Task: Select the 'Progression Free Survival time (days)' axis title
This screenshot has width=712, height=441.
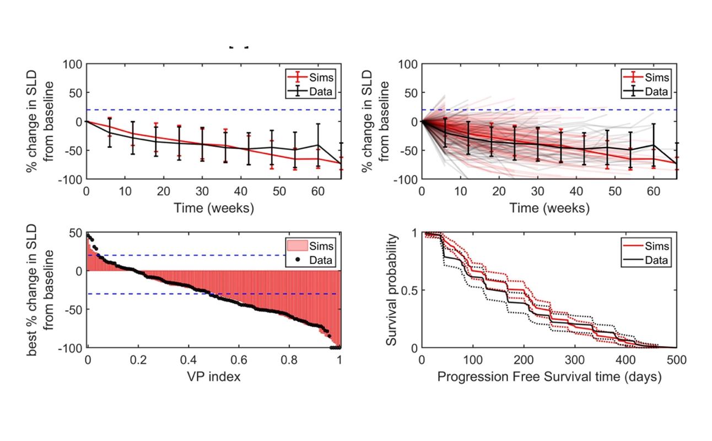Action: coord(549,378)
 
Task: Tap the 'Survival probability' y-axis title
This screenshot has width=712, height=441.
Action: coord(392,291)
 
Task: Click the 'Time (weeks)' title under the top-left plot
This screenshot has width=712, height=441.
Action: coord(213,208)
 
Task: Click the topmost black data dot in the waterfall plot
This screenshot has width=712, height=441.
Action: coord(88,235)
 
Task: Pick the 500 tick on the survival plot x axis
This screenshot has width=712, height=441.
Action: coord(676,360)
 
